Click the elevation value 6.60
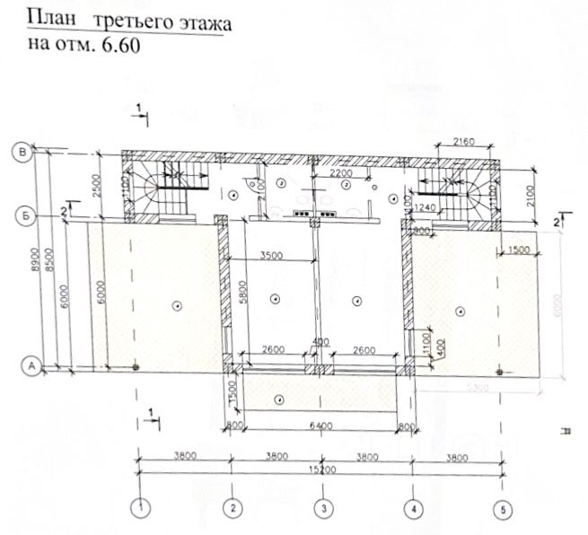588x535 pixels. [x=122, y=45]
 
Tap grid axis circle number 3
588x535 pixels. [x=321, y=507]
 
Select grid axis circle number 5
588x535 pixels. [x=501, y=507]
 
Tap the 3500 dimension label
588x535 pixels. [x=271, y=255]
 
